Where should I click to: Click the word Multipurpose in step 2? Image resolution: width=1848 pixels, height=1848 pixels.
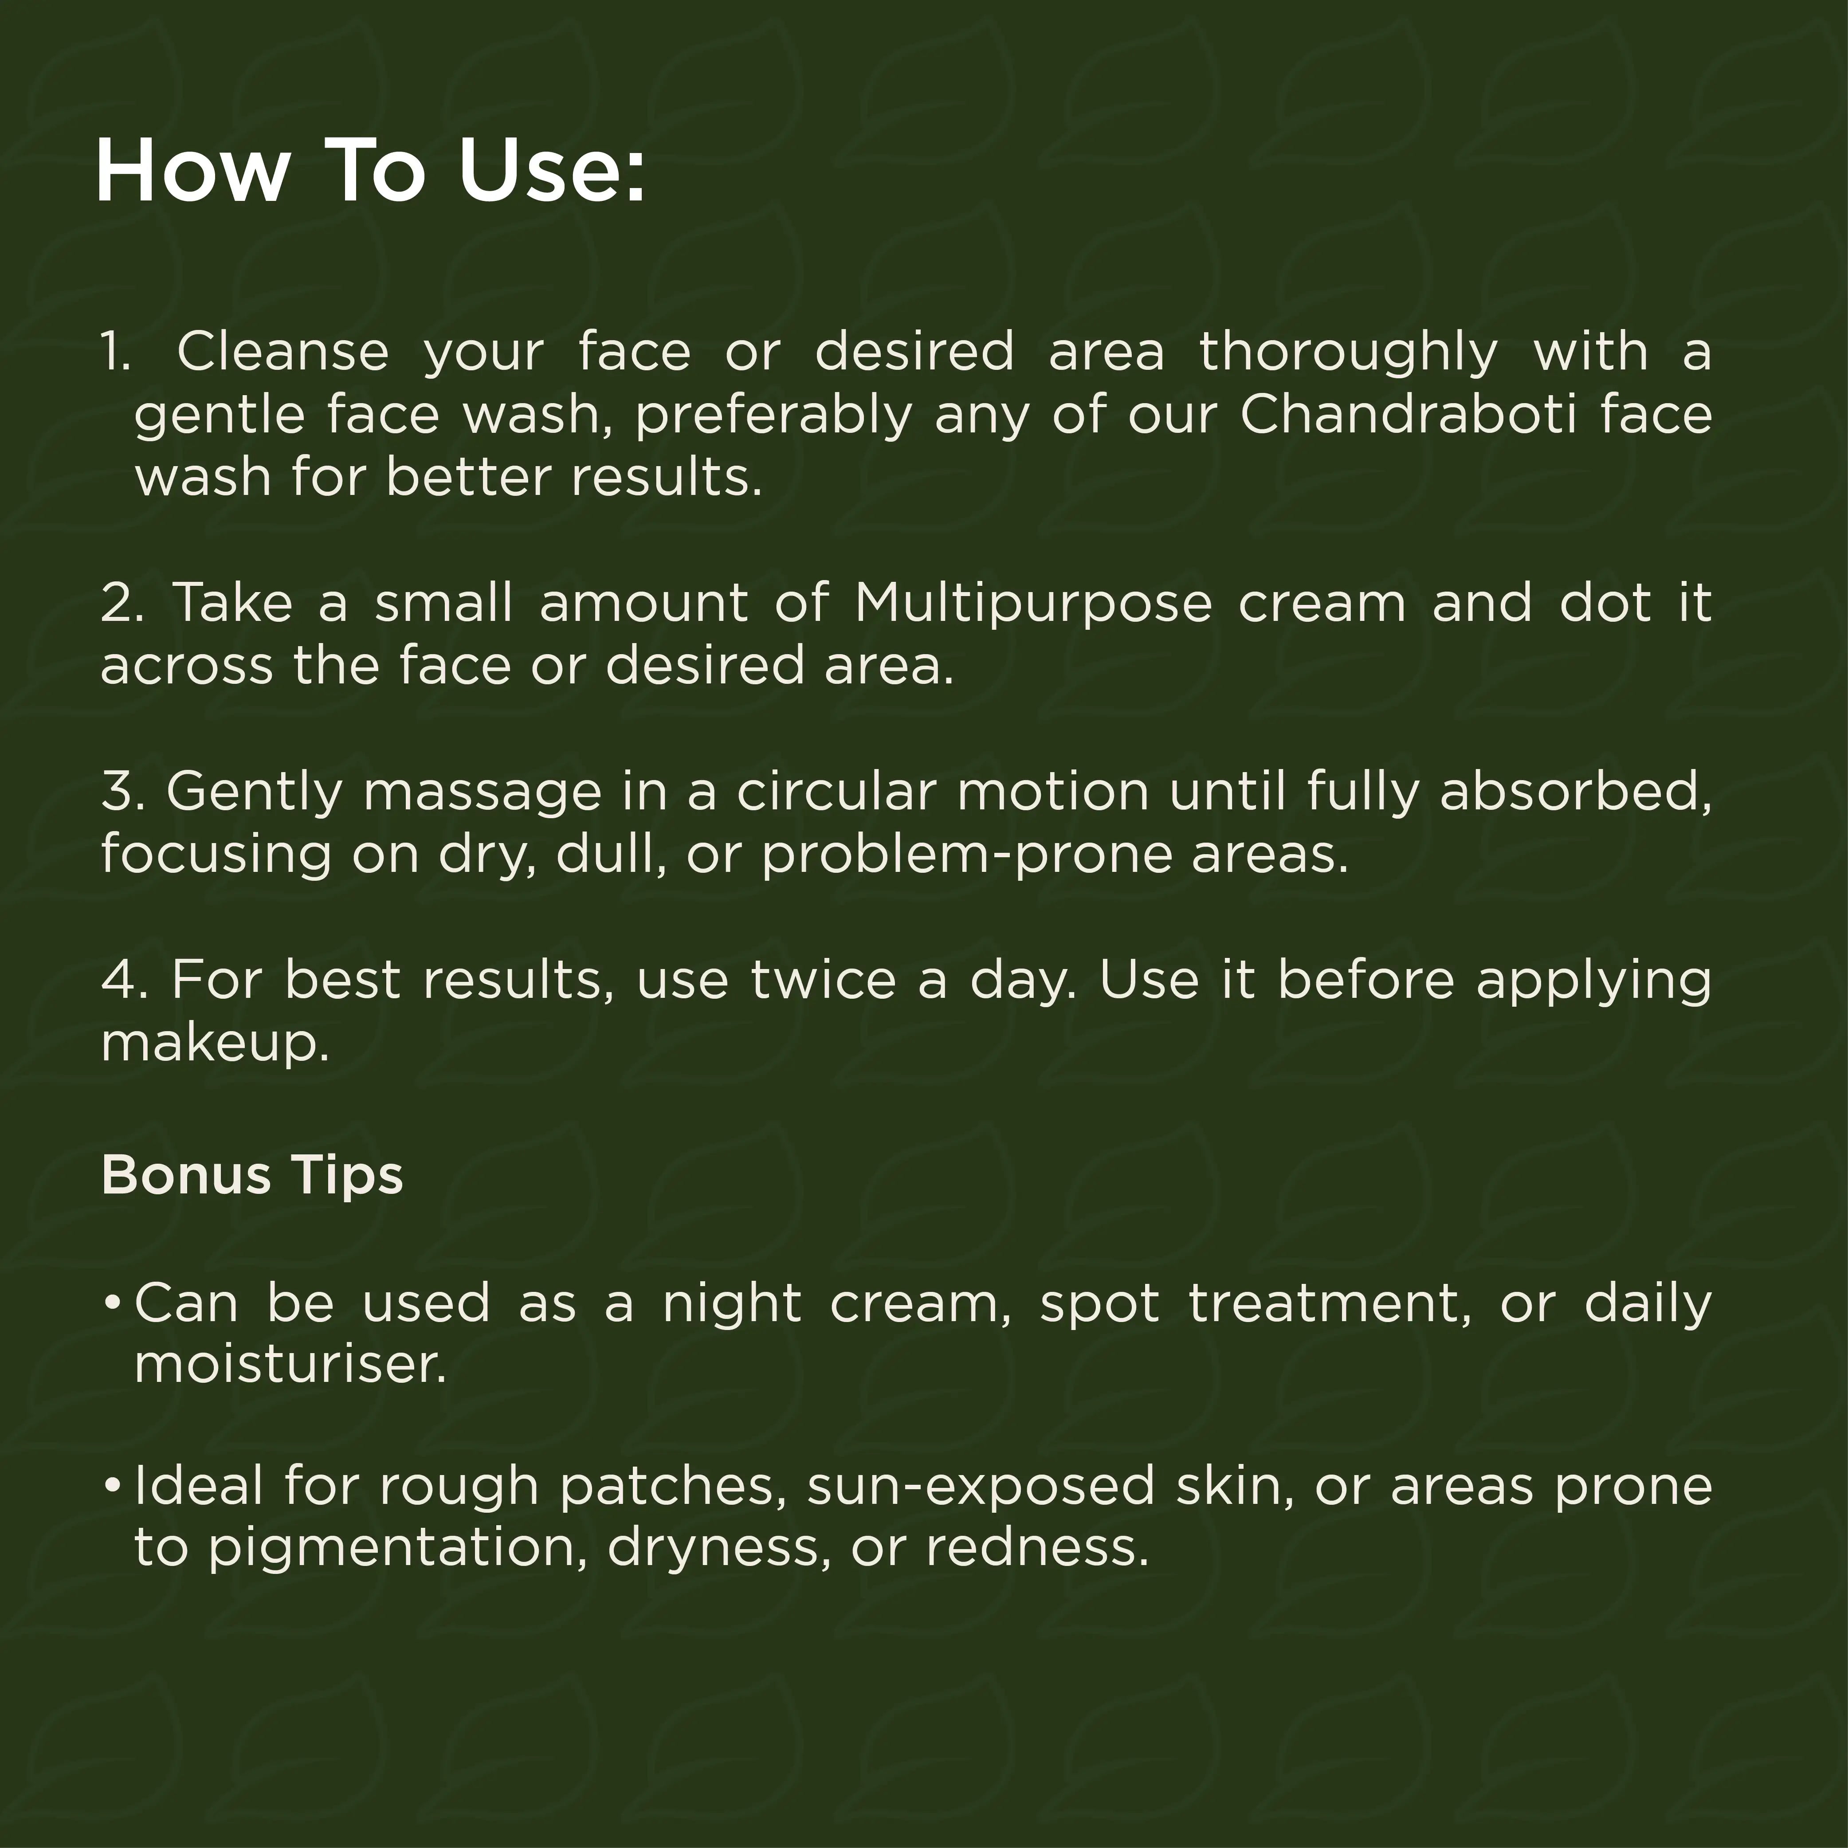click(x=1033, y=604)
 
